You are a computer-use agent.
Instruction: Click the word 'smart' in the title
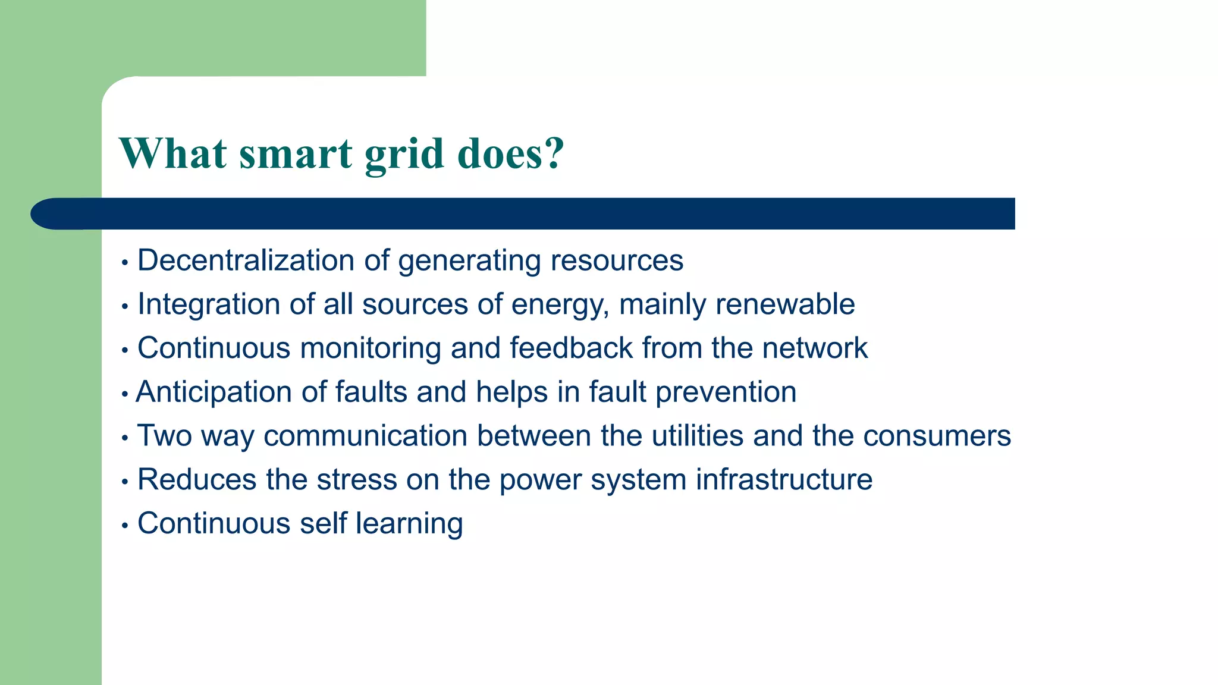296,154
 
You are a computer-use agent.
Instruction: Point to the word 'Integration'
209,305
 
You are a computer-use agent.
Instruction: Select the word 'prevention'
726,392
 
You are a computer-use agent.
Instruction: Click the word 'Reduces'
197,480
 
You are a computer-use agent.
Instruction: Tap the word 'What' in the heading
173,154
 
